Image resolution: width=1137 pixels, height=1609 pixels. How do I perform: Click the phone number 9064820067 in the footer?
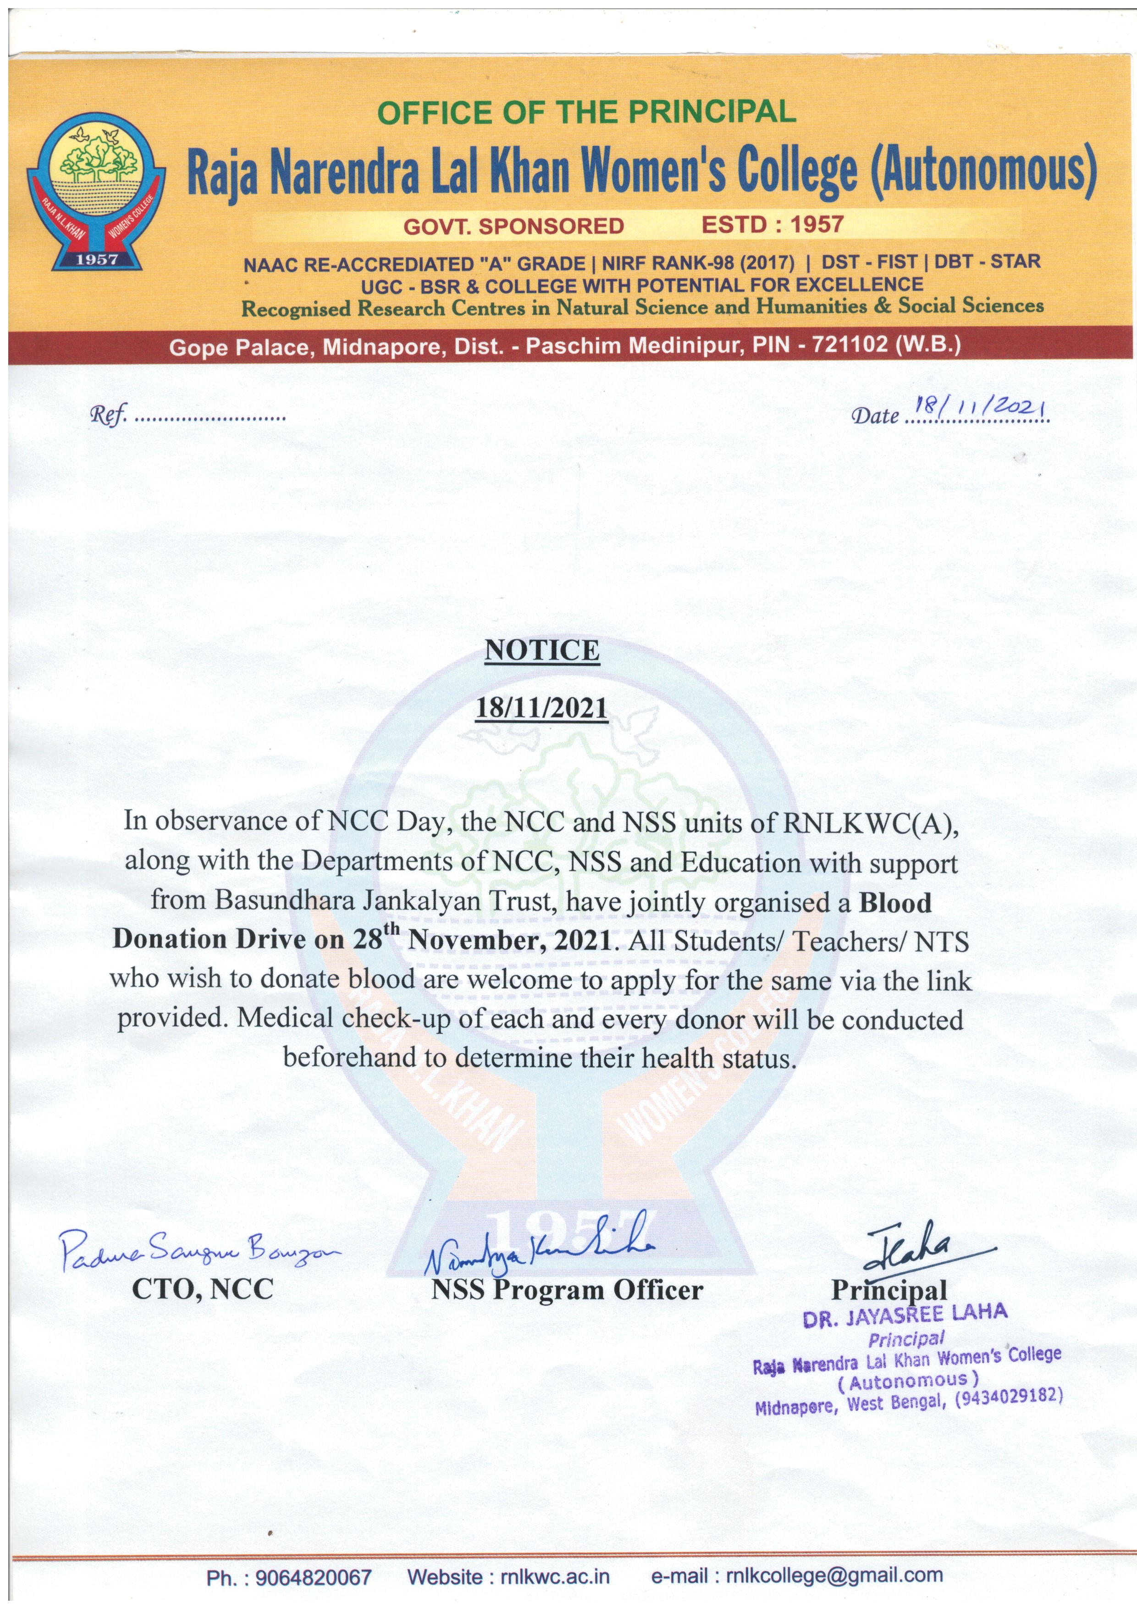(x=313, y=1577)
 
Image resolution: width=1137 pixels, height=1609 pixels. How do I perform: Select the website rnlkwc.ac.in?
(x=554, y=1577)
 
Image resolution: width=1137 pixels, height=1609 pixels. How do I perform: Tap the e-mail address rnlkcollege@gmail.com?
(x=833, y=1576)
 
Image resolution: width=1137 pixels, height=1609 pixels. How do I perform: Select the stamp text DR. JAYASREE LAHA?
(x=905, y=1315)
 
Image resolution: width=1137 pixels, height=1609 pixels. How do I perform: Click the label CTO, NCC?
(x=203, y=1289)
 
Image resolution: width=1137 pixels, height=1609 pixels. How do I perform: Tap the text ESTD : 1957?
(x=772, y=225)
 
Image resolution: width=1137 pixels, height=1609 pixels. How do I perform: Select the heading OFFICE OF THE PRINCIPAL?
(x=586, y=112)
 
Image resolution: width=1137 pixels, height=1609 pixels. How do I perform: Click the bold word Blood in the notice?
(x=895, y=903)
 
